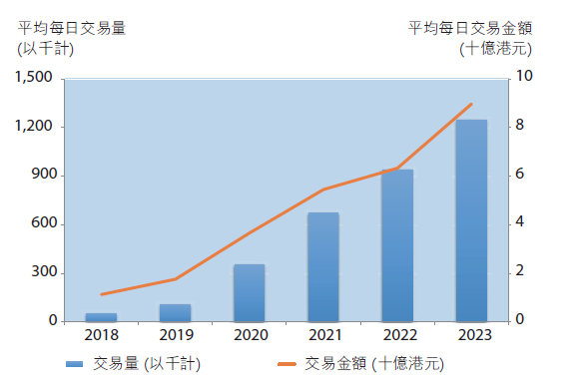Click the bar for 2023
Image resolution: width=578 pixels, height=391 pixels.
pos(471,220)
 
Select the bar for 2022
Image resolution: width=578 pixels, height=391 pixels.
pos(397,245)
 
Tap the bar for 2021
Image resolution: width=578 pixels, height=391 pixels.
pos(323,266)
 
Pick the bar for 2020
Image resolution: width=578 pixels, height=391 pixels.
pos(250,292)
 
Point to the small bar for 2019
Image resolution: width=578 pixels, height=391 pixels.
pos(176,312)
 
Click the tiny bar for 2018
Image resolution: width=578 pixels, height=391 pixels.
pos(102,317)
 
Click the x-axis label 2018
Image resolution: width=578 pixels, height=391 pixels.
pos(102,335)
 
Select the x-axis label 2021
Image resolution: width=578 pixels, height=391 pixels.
pos(323,335)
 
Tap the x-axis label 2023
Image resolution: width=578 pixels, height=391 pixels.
pos(471,335)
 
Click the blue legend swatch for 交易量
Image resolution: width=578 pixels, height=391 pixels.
pos(75,364)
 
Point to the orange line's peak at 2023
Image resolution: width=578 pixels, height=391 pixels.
pos(471,104)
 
